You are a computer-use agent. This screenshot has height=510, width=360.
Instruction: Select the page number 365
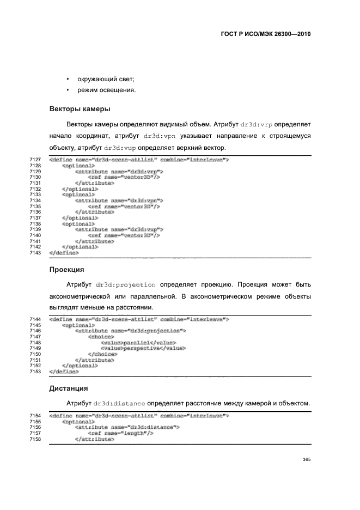(306, 459)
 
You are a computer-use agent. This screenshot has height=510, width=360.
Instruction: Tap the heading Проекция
(66, 269)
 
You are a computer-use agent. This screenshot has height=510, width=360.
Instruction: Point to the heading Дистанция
(69, 389)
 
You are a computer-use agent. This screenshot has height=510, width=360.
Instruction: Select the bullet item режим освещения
(106, 90)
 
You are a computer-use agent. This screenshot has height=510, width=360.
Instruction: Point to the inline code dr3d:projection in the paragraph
(126, 285)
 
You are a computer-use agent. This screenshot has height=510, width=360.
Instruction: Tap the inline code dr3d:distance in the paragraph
(119, 403)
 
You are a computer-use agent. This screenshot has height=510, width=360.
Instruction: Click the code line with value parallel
(128, 343)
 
